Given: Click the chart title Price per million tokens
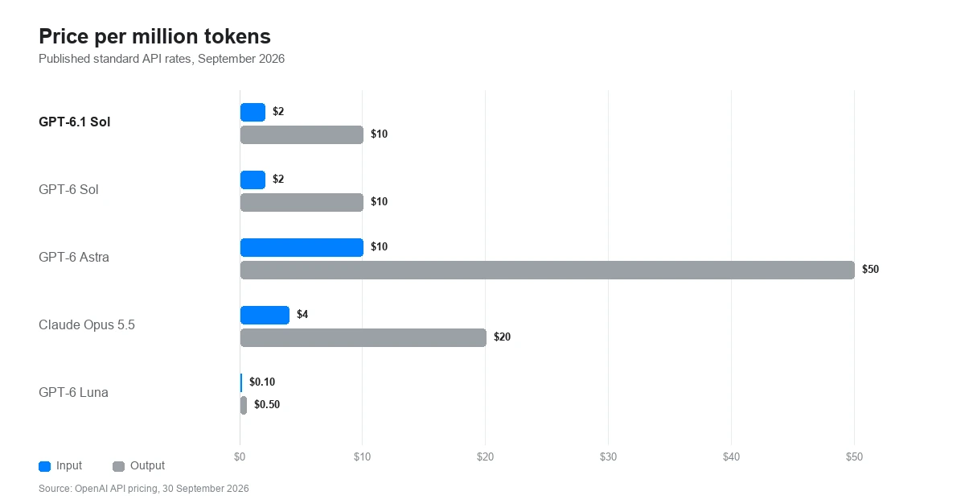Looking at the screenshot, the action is pos(154,36).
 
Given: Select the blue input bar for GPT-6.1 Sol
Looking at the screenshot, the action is pos(253,113).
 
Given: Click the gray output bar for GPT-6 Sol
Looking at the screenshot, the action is pos(302,203).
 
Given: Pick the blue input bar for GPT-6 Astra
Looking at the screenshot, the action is pos(302,247).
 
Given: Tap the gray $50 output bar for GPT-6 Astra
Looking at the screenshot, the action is pos(548,271).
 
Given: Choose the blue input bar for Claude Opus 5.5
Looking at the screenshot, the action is pos(265,315).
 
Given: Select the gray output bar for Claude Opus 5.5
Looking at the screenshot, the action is pos(363,337).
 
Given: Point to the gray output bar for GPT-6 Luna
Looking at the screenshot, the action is pos(244,405).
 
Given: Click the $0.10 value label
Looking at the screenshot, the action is pos(262,382).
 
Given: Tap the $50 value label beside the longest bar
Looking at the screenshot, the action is pos(870,270).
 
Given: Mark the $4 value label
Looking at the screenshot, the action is pos(302,314).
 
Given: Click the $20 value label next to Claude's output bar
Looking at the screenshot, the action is pos(502,337).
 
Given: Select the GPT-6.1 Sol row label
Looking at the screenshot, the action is pos(75,122).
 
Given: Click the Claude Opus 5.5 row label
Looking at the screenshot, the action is pos(87,324).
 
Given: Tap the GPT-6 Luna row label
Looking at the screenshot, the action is pos(73,392).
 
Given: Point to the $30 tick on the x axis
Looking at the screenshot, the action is pos(608,457).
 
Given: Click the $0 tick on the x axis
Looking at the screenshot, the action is pos(240,457).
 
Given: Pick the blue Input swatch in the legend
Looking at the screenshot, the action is pos(45,466).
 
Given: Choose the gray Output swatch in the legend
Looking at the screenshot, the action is pos(118,466).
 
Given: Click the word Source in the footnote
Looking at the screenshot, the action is pos(55,489).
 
